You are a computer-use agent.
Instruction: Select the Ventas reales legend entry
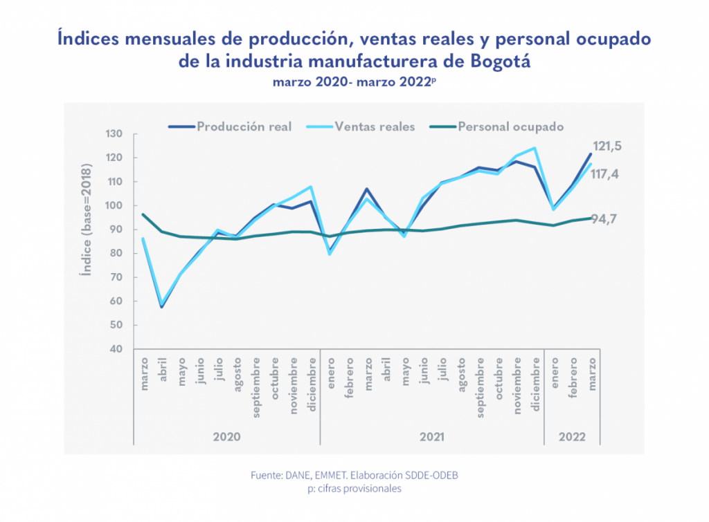coord(375,127)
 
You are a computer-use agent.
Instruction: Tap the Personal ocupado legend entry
coord(510,127)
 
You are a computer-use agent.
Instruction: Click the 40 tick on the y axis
coord(117,349)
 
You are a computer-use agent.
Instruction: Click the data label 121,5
coord(607,146)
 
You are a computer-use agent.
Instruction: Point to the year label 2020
coord(226,437)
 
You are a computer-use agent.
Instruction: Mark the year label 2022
coord(572,437)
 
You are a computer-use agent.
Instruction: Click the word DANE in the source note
coord(299,476)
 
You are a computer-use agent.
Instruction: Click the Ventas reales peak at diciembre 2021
coord(535,148)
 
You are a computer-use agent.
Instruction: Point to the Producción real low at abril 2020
coord(162,306)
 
